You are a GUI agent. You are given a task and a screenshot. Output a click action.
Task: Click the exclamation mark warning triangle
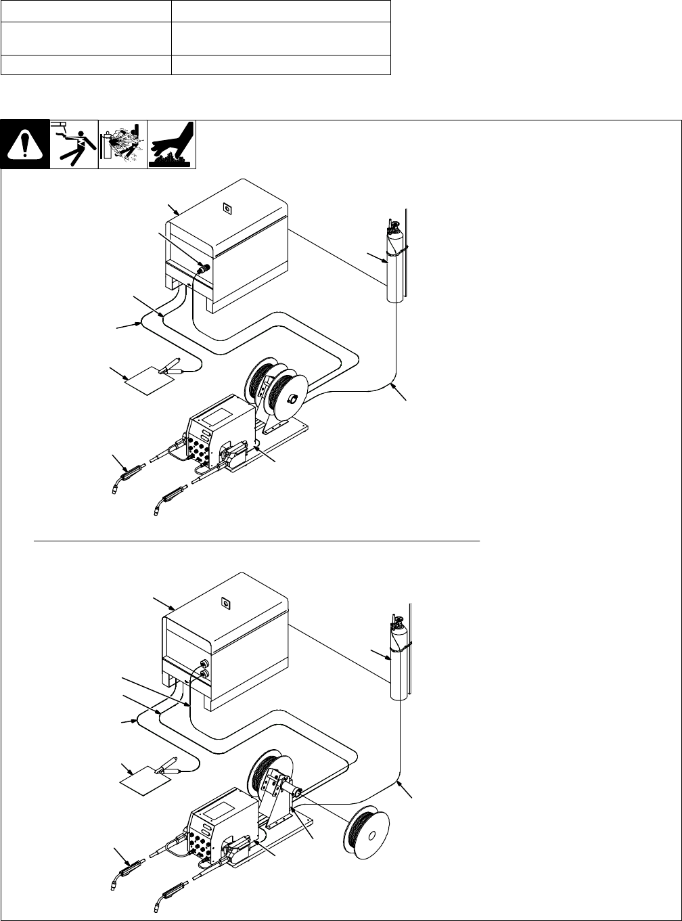coord(24,144)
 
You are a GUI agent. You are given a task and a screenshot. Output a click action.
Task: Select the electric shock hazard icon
coord(74,143)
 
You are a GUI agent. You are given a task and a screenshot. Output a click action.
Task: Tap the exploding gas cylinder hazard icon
coord(122,143)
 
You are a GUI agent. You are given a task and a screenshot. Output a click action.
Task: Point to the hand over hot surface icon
coord(172,143)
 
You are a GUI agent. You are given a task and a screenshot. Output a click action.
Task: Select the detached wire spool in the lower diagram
coord(369,834)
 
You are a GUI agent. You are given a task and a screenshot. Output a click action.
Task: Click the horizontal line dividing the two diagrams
coord(257,541)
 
